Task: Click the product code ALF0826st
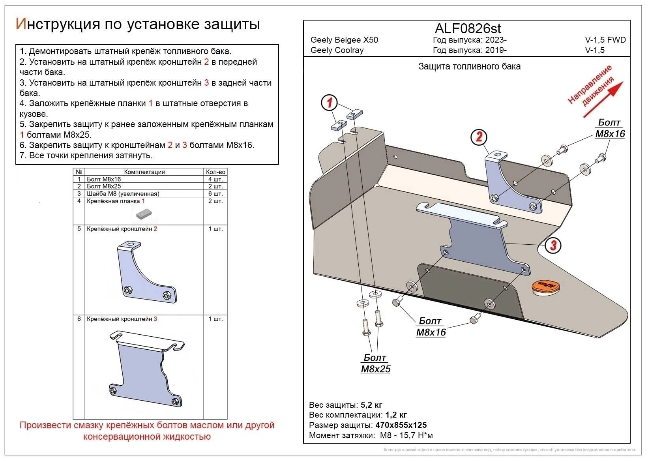coord(468,28)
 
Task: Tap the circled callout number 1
coord(329,103)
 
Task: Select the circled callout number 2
coord(479,137)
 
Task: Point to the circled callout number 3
coord(553,245)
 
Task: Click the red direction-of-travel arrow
coord(603,100)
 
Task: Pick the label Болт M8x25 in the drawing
coord(375,364)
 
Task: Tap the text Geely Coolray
coord(337,50)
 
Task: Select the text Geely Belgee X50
coord(344,40)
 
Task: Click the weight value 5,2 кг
coord(371,405)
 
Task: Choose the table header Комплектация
coord(144,172)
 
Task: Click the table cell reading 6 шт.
coord(215,194)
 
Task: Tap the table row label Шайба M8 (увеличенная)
coord(123,194)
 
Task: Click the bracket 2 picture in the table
coord(146,272)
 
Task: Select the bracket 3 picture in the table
coord(146,368)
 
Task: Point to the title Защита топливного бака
coord(469,66)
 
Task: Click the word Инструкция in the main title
coord(57,24)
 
